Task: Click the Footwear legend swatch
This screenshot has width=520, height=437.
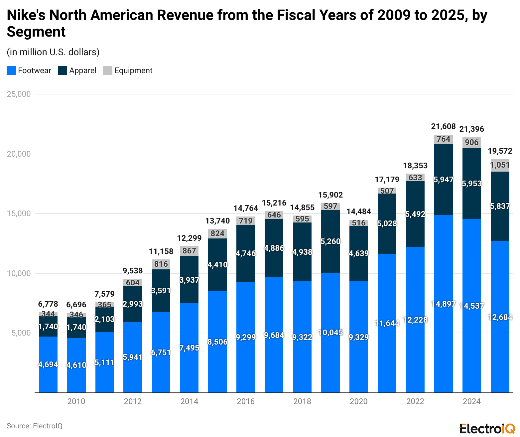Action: pyautogui.click(x=11, y=71)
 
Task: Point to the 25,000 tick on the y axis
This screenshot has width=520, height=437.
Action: pyautogui.click(x=19, y=94)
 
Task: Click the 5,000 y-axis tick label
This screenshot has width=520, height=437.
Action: pyautogui.click(x=21, y=333)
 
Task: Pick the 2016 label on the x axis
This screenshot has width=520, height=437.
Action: pyautogui.click(x=246, y=401)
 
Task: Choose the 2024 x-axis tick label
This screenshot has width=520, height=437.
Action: pyautogui.click(x=471, y=401)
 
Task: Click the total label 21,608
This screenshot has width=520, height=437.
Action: pyautogui.click(x=443, y=126)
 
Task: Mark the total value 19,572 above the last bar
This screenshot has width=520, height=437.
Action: pyautogui.click(x=500, y=151)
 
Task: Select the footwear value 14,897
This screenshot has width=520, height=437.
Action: pyautogui.click(x=443, y=304)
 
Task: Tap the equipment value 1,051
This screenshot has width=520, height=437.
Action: pyautogui.click(x=500, y=165)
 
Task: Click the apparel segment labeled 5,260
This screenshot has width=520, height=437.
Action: pyautogui.click(x=330, y=241)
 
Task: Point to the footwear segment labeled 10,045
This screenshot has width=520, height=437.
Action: pyautogui.click(x=330, y=333)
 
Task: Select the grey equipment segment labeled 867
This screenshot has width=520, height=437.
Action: pyautogui.click(x=189, y=251)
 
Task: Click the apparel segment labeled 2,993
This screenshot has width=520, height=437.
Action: pyautogui.click(x=133, y=304)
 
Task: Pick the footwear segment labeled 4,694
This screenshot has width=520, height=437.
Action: pyautogui.click(x=48, y=364)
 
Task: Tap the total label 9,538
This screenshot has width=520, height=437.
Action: pyautogui.click(x=133, y=270)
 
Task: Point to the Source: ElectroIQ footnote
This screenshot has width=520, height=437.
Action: pyautogui.click(x=35, y=426)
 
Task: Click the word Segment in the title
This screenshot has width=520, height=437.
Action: pyautogui.click(x=36, y=32)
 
